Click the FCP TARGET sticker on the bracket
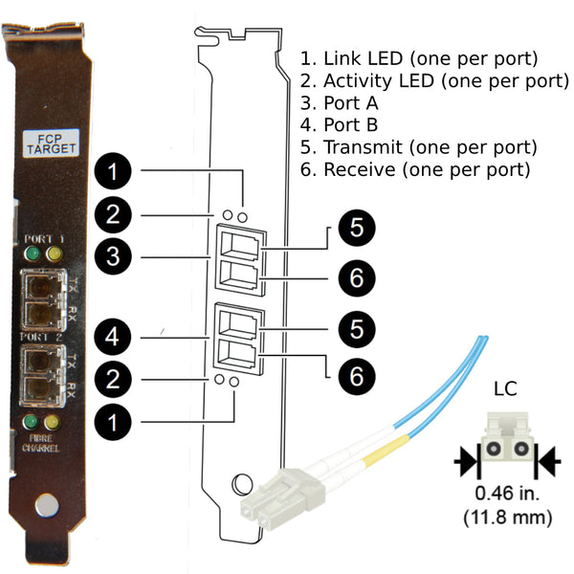pos(52,143)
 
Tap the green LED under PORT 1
pos(33,254)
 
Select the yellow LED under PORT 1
pos(55,254)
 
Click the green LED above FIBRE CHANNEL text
pos(31,422)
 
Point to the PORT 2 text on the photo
pos(41,337)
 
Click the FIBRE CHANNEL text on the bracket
pos(40,443)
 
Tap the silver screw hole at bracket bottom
pos(47,505)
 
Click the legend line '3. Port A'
pos(339,103)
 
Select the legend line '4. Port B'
pos(339,124)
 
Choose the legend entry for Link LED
pos(419,58)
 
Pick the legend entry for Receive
pos(415,169)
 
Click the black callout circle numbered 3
pos(113,256)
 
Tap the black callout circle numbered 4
pos(113,337)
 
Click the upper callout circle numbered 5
pos(357,228)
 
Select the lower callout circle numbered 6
pos(357,376)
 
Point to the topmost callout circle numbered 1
pos(113,171)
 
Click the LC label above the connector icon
pos(505,389)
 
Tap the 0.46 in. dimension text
pos(507,494)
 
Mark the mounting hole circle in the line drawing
pos(242,484)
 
